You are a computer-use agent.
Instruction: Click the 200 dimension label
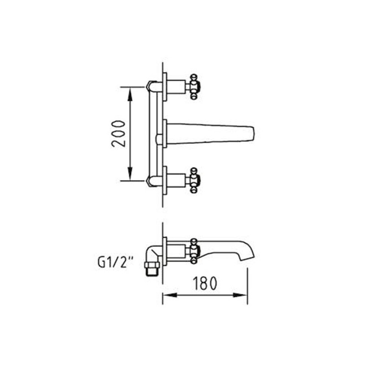tap(119, 134)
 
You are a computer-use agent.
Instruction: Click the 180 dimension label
tap(205, 283)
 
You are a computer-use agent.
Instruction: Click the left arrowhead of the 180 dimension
tap(169, 295)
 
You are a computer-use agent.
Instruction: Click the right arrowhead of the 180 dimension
tap(240, 295)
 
